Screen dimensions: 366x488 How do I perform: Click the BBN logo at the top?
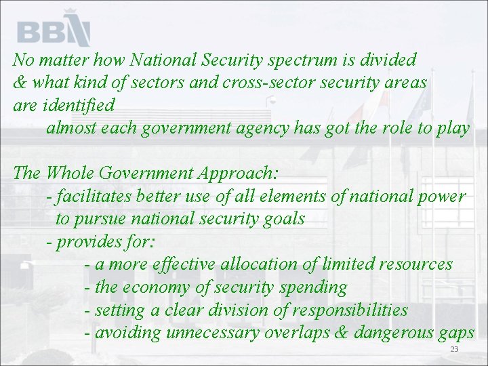click(54, 29)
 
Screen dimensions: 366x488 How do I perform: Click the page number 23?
click(454, 349)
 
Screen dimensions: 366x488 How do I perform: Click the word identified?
click(81, 106)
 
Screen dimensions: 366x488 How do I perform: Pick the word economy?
click(157, 287)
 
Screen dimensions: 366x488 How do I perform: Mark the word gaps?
click(453, 333)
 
